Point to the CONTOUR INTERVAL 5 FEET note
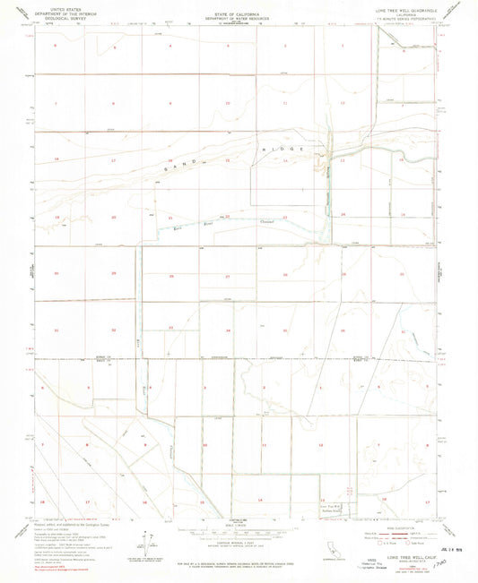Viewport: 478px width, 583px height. [239, 545]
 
